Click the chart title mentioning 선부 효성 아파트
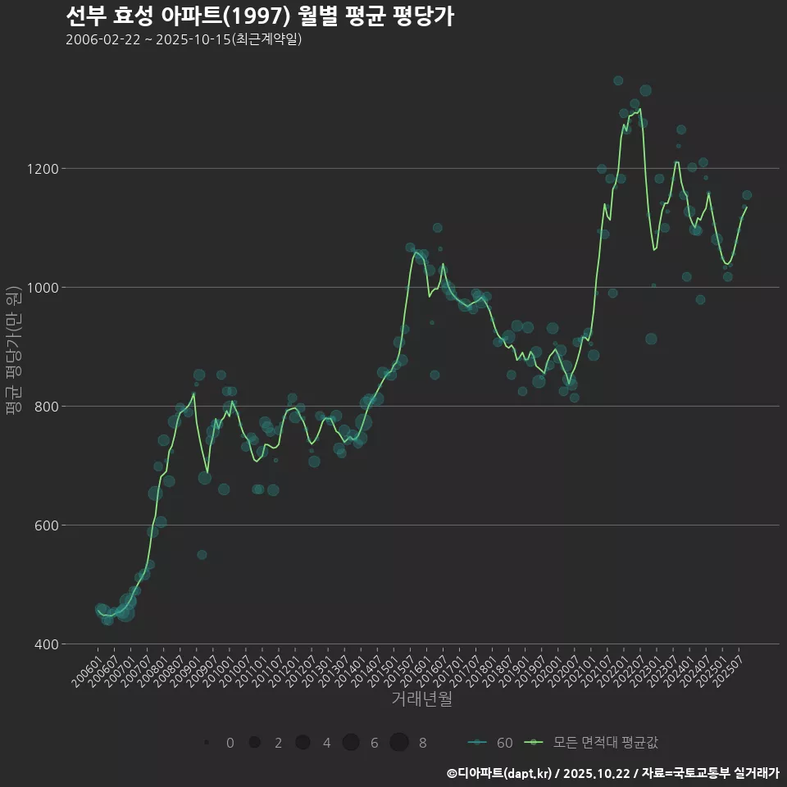click(x=259, y=16)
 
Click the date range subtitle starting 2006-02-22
click(x=184, y=39)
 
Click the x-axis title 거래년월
click(x=421, y=698)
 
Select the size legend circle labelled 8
click(x=399, y=743)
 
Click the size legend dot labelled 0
click(x=207, y=743)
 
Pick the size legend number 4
click(x=326, y=744)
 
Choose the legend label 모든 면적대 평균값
click(x=605, y=744)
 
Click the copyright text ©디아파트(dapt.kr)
click(x=499, y=773)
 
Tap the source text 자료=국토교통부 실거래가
click(x=710, y=773)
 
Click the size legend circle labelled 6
click(x=351, y=743)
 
